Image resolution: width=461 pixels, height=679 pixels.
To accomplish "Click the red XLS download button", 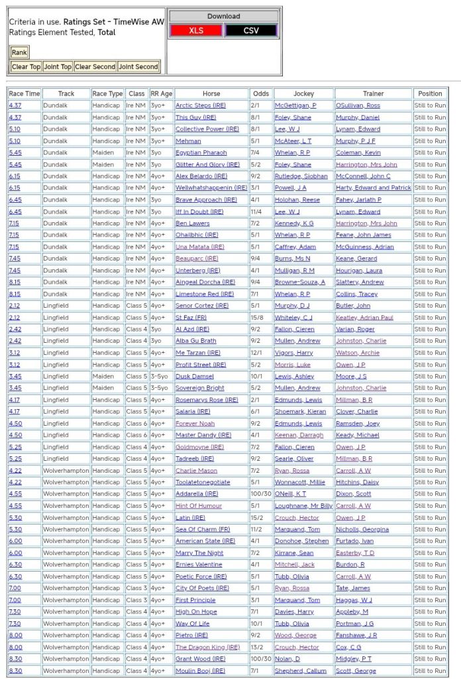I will pyautogui.click(x=196, y=31).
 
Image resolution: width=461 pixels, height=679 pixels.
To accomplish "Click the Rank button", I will pyautogui.click(x=19, y=53).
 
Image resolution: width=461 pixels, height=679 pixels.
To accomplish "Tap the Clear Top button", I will pyautogui.click(x=26, y=67).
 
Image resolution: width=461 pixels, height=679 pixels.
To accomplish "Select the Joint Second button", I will pyautogui.click(x=138, y=67).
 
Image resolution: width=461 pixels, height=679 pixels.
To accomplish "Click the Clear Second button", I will pyautogui.click(x=95, y=67).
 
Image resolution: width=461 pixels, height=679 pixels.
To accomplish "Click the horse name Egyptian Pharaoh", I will pyautogui.click(x=201, y=153).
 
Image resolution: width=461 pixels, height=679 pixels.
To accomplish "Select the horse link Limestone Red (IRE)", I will pyautogui.click(x=205, y=294).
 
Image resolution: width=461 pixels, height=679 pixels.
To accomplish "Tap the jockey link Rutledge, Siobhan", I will pyautogui.click(x=301, y=176).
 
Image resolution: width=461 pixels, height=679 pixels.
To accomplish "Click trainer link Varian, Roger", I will pyautogui.click(x=356, y=329).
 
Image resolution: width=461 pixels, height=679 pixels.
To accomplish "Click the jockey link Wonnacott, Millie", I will pyautogui.click(x=301, y=482).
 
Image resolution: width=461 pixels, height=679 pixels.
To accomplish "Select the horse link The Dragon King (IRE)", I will pyautogui.click(x=208, y=647).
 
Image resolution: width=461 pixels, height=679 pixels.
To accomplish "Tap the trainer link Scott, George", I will pyautogui.click(x=356, y=670).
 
